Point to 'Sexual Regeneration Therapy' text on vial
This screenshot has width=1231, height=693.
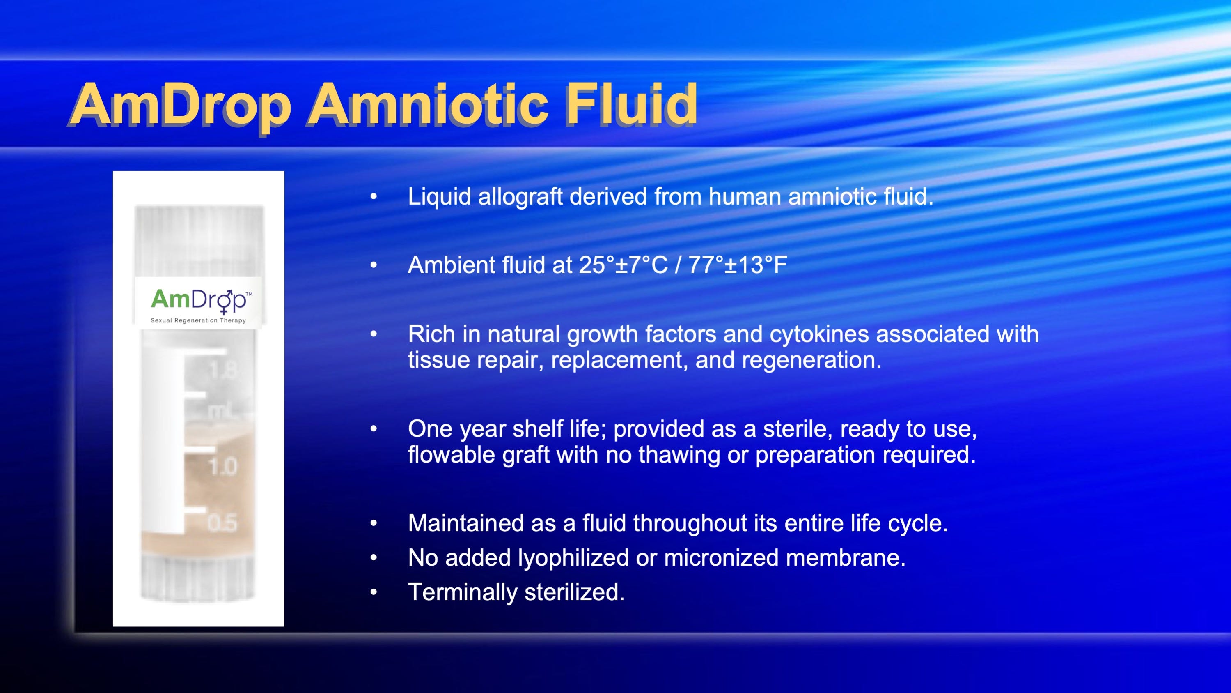coord(198,320)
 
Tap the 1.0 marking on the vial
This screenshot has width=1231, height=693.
coord(223,466)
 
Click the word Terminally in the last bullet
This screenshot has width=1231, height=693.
coord(462,593)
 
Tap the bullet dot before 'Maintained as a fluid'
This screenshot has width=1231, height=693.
coord(374,523)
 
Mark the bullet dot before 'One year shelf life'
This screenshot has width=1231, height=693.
coord(374,429)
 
